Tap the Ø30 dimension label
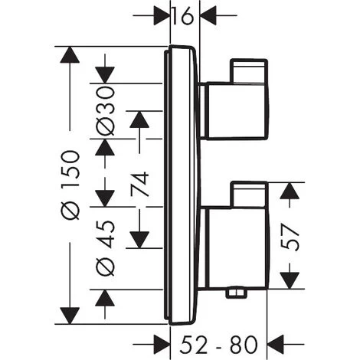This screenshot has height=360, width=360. click(106, 110)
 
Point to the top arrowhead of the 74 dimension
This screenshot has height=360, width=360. click(139, 120)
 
